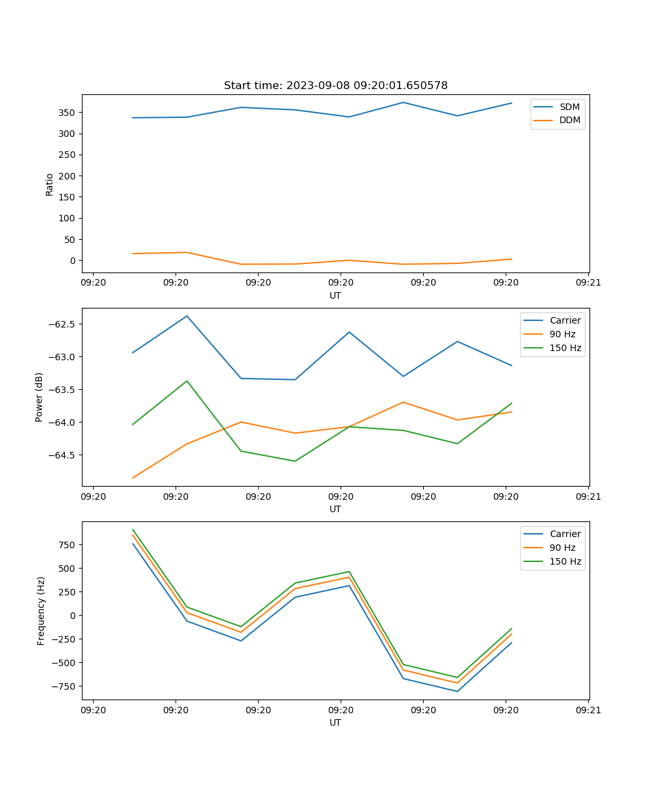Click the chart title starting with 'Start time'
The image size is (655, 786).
point(335,86)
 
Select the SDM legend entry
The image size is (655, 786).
point(569,107)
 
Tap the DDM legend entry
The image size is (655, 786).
point(569,121)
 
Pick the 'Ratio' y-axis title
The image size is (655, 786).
point(50,184)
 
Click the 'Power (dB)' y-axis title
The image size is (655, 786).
point(39,397)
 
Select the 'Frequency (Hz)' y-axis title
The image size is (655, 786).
point(41,610)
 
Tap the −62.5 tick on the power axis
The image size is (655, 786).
point(63,324)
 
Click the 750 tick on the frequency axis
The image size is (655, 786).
point(69,545)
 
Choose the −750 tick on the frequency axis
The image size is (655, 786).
point(66,686)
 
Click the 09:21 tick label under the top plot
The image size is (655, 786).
point(588,283)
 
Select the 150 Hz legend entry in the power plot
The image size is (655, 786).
point(565,348)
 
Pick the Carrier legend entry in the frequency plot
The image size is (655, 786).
point(565,534)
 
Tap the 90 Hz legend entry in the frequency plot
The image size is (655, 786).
point(562,548)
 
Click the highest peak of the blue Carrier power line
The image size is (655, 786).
point(187,316)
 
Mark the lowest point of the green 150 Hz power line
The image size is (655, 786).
point(295,461)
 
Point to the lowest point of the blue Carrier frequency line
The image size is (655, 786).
point(457,691)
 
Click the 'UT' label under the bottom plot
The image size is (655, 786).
point(335,722)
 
